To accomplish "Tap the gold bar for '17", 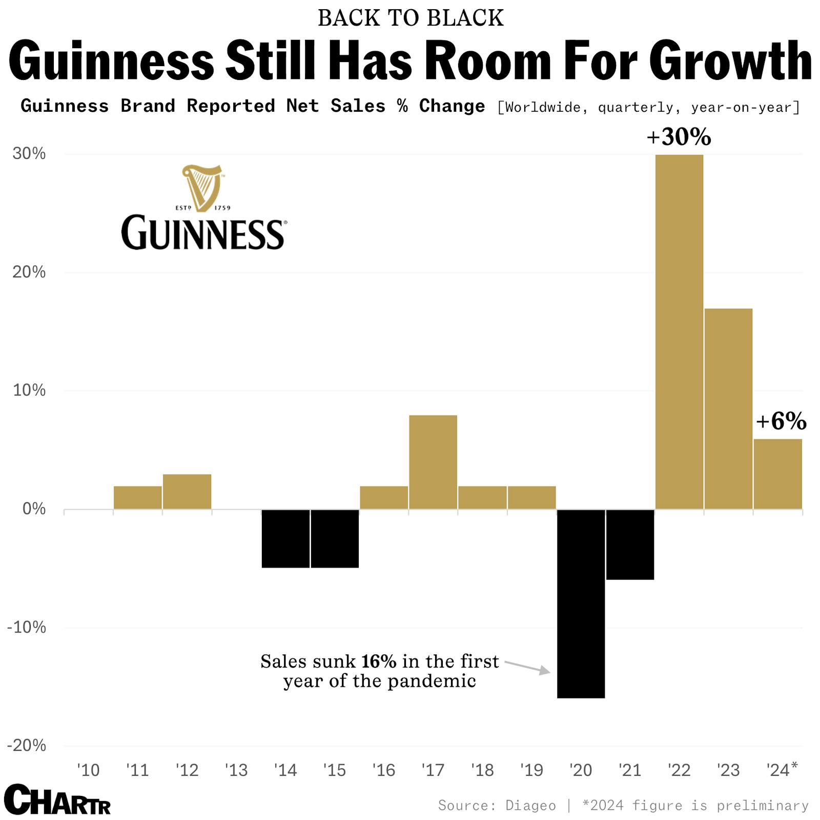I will pyautogui.click(x=433, y=462).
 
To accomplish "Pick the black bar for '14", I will pyautogui.click(x=285, y=539).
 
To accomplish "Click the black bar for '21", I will pyautogui.click(x=630, y=544).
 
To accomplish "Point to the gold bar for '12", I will pyautogui.click(x=187, y=491).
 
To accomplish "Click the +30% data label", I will pyautogui.click(x=679, y=137).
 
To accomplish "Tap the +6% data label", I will pyautogui.click(x=781, y=421).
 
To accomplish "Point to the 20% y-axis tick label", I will pyautogui.click(x=29, y=272).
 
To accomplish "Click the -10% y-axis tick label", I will pyautogui.click(x=27, y=627).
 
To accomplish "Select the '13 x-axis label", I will pyautogui.click(x=236, y=770).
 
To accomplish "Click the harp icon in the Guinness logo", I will pyautogui.click(x=202, y=188).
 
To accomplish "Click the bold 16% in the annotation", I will pyautogui.click(x=378, y=661).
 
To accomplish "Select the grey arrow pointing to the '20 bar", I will pyautogui.click(x=528, y=667).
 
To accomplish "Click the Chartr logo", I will pyautogui.click(x=57, y=800).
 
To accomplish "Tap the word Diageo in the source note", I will pyautogui.click(x=530, y=806).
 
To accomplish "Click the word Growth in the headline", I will pyautogui.click(x=733, y=61).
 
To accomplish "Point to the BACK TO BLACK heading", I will pyautogui.click(x=411, y=18).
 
